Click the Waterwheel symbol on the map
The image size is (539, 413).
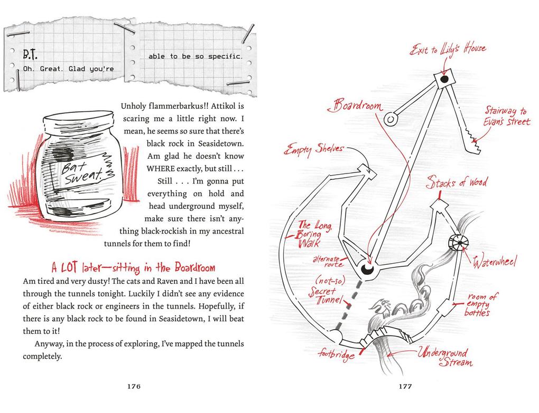click(x=459, y=243)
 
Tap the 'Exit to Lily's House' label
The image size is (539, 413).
click(x=448, y=50)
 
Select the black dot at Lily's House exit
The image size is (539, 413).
click(x=444, y=79)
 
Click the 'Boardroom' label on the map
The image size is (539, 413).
click(x=356, y=105)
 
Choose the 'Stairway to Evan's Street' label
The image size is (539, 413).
click(x=507, y=116)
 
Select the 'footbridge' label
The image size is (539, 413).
click(x=336, y=353)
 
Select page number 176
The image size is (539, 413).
click(x=134, y=386)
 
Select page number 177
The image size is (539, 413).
click(x=405, y=386)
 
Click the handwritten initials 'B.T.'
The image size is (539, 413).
click(x=30, y=54)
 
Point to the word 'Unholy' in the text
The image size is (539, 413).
click(x=131, y=107)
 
